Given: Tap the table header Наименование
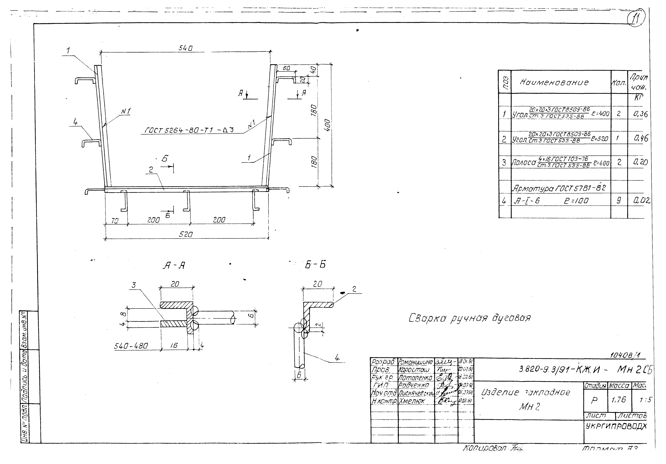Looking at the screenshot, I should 554,83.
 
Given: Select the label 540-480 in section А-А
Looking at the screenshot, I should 131,346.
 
